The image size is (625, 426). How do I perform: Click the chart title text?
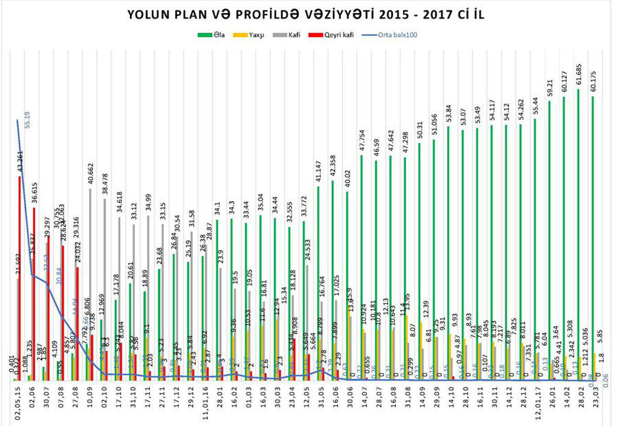click(x=312, y=16)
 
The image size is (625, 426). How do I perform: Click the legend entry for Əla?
click(x=211, y=35)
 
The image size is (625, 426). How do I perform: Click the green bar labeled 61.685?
click(x=578, y=234)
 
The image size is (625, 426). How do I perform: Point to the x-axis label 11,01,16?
click(x=206, y=404)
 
